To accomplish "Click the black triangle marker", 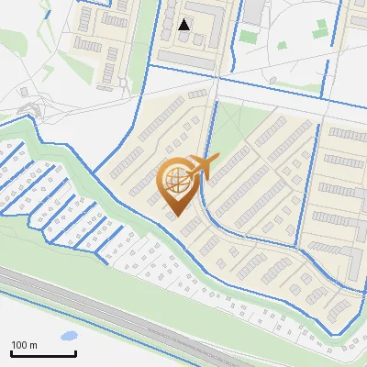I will click(x=184, y=25).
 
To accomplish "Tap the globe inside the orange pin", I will click(x=180, y=180).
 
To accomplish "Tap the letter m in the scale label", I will click(x=34, y=345).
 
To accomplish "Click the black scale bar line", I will click(x=42, y=354).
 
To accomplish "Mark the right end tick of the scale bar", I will click(x=75, y=352).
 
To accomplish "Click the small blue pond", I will click(x=67, y=336).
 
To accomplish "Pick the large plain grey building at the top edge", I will click(x=253, y=12).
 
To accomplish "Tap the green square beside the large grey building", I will click(x=249, y=37).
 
